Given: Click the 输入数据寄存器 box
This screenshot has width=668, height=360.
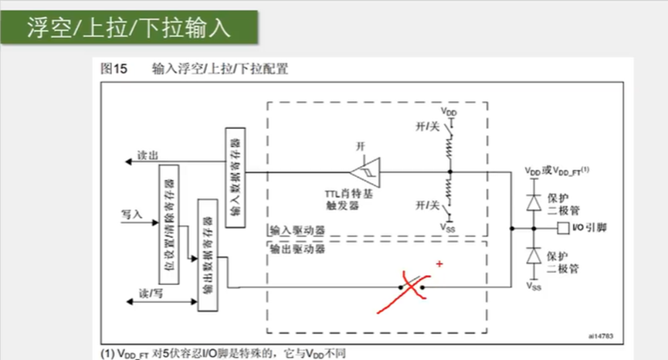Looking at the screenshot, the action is (x=235, y=178).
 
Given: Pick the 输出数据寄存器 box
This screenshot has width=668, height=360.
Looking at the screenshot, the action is (x=206, y=255).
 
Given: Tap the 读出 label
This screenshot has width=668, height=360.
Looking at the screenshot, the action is (x=148, y=155).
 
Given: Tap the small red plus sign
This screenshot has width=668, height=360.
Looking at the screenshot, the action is (x=440, y=264).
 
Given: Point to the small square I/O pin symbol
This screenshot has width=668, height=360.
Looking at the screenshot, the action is (x=561, y=229).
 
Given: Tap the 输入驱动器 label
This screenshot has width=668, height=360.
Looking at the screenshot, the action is (x=297, y=230).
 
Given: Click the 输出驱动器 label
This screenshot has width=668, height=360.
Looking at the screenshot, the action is (x=297, y=249).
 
